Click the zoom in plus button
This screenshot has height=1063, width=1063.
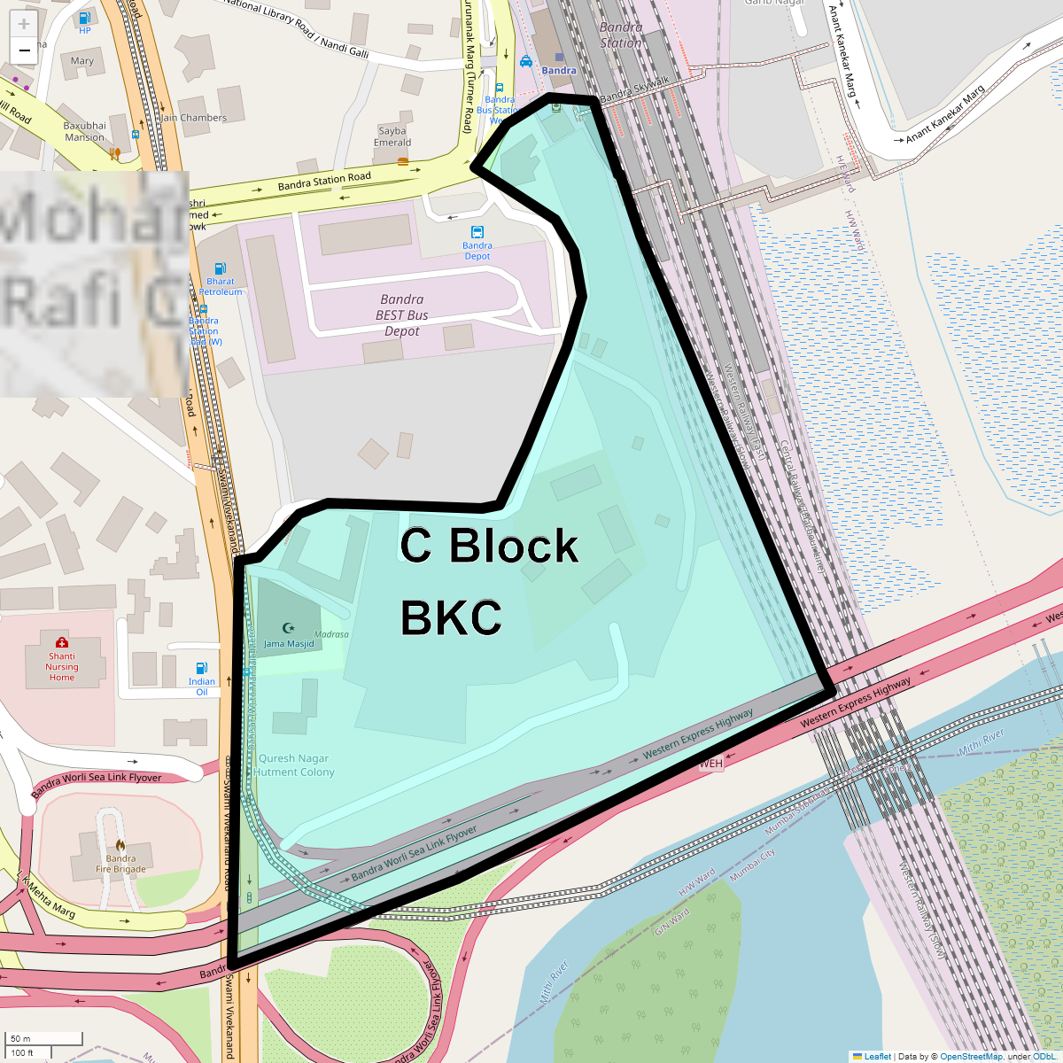pyautogui.click(x=24, y=25)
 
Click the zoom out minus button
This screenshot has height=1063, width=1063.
pyautogui.click(x=24, y=50)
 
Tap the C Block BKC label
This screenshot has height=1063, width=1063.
pyautogui.click(x=489, y=581)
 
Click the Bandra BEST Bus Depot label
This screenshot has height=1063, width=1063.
pyautogui.click(x=402, y=315)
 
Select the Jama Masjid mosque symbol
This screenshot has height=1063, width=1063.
pyautogui.click(x=288, y=628)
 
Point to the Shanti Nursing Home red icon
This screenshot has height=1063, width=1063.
pyautogui.click(x=62, y=642)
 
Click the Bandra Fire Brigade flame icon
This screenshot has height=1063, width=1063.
pyautogui.click(x=120, y=845)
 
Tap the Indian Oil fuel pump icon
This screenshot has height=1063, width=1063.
pyautogui.click(x=202, y=669)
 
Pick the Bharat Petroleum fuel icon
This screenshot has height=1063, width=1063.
pyautogui.click(x=220, y=268)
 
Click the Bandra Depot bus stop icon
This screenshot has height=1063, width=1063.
pyautogui.click(x=477, y=233)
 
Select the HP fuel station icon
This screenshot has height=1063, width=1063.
pyautogui.click(x=84, y=18)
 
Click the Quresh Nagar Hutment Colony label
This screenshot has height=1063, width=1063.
pyautogui.click(x=294, y=765)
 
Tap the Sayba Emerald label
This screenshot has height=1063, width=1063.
pyautogui.click(x=392, y=136)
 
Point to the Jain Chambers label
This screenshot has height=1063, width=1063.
pyautogui.click(x=193, y=118)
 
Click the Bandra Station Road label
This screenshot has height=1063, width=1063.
pyautogui.click(x=324, y=182)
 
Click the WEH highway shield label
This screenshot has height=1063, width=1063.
pyautogui.click(x=711, y=764)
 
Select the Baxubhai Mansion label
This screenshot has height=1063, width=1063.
pyautogui.click(x=85, y=131)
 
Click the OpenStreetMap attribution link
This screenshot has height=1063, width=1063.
pyautogui.click(x=971, y=1056)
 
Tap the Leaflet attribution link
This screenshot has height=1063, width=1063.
pyautogui.click(x=877, y=1056)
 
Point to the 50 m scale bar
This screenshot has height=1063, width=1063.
pyautogui.click(x=44, y=1038)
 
